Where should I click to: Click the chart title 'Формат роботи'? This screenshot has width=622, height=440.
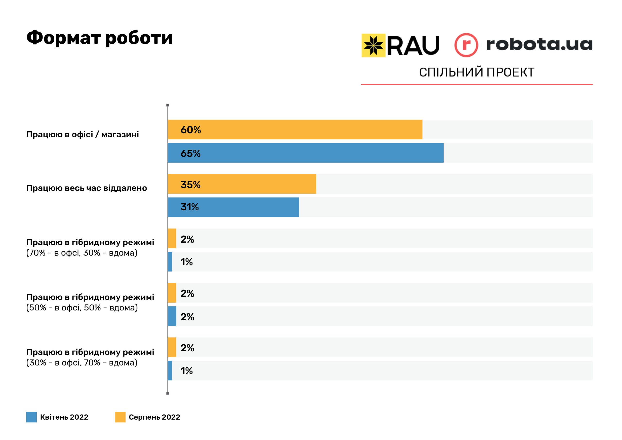pyautogui.click(x=99, y=38)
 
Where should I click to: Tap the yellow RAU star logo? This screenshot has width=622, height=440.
pyautogui.click(x=373, y=45)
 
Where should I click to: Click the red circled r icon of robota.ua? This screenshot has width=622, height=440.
pyautogui.click(x=466, y=45)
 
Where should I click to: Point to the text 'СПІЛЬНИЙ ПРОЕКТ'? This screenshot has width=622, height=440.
pyautogui.click(x=476, y=72)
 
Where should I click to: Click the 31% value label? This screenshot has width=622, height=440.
pyautogui.click(x=190, y=207)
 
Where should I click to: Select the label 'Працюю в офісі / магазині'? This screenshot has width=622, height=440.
pyautogui.click(x=83, y=134)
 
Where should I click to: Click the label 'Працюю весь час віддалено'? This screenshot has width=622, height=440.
pyautogui.click(x=86, y=188)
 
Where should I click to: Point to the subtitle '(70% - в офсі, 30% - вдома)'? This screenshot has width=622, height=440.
pyautogui.click(x=82, y=253)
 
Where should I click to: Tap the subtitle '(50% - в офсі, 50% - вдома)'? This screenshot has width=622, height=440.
pyautogui.click(x=82, y=308)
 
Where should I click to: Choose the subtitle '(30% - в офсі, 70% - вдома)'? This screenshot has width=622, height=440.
pyautogui.click(x=82, y=363)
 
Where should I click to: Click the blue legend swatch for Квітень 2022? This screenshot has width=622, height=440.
pyautogui.click(x=31, y=417)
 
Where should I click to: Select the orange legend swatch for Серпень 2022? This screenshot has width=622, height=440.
pyautogui.click(x=120, y=417)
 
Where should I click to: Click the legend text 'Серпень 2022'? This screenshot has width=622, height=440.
pyautogui.click(x=155, y=417)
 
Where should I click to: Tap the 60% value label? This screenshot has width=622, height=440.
pyautogui.click(x=191, y=130)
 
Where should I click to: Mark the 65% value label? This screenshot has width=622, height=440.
pyautogui.click(x=190, y=153)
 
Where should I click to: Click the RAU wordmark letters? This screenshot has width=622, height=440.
pyautogui.click(x=413, y=45)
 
